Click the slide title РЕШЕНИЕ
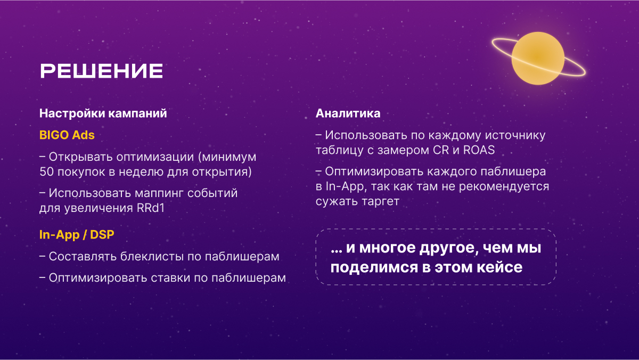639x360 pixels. click(101, 71)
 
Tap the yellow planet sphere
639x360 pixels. click(538, 58)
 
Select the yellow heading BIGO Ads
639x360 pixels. click(67, 135)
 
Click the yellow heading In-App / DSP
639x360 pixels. click(77, 235)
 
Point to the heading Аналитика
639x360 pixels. click(348, 113)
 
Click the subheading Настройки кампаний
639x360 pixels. click(103, 113)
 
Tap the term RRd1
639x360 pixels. click(151, 208)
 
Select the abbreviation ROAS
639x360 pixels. click(479, 150)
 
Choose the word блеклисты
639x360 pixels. click(152, 257)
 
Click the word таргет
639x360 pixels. click(381, 201)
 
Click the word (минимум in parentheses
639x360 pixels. click(227, 157)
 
